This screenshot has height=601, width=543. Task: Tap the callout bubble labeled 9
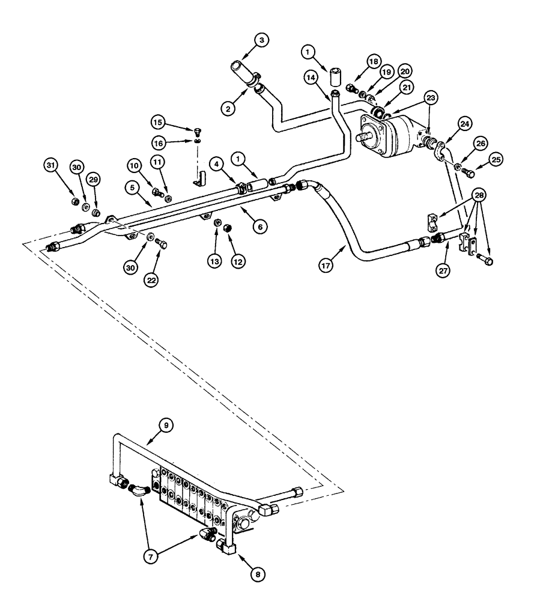[168, 424]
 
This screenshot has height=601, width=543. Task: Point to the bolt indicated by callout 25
[470, 173]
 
